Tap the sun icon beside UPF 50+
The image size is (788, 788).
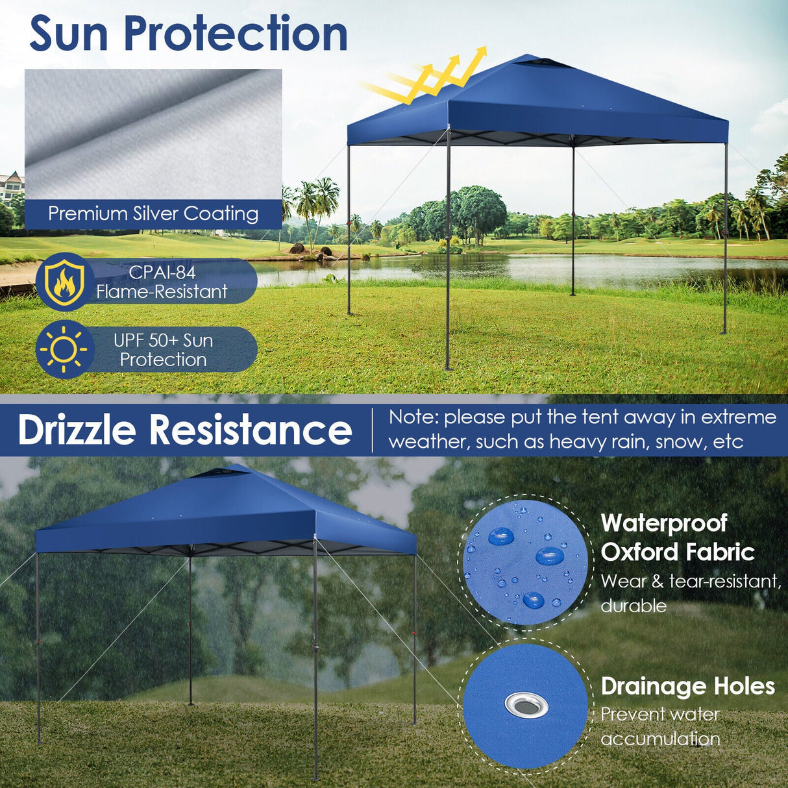pos(64,350)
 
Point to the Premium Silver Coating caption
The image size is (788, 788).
pos(153,214)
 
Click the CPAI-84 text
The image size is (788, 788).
pos(162,272)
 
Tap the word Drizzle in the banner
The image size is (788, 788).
pos(77,430)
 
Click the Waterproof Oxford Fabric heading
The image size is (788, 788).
pos(677,537)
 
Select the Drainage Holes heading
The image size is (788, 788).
pos(687,686)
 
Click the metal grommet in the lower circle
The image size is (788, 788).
pos(526,704)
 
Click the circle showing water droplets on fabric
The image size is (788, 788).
pos(525,561)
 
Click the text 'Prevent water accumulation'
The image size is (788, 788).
pos(660,726)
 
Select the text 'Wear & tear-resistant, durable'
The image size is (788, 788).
pos(691,593)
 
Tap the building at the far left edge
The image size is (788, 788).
pos(12,187)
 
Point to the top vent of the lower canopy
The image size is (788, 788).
pos(219,473)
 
